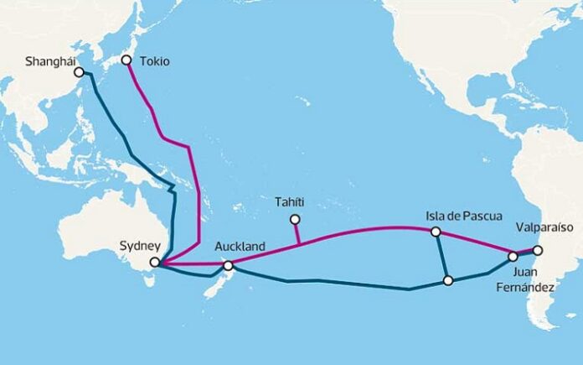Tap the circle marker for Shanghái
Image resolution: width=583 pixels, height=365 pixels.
[x=80, y=72]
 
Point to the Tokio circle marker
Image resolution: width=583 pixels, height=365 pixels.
[x=126, y=60]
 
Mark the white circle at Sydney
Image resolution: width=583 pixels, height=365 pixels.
[x=154, y=263]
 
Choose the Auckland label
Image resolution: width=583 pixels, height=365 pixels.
[x=240, y=247]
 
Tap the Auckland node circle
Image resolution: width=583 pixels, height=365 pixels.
[x=228, y=266]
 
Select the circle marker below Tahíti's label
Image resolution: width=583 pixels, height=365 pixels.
[x=295, y=220]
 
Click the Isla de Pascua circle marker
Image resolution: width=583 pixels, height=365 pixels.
[x=435, y=232]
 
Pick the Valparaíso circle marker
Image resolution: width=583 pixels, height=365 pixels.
[x=538, y=249]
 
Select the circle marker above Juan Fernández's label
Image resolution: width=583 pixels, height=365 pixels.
[x=513, y=257]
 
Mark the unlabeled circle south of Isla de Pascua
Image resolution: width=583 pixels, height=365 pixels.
[x=449, y=280]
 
